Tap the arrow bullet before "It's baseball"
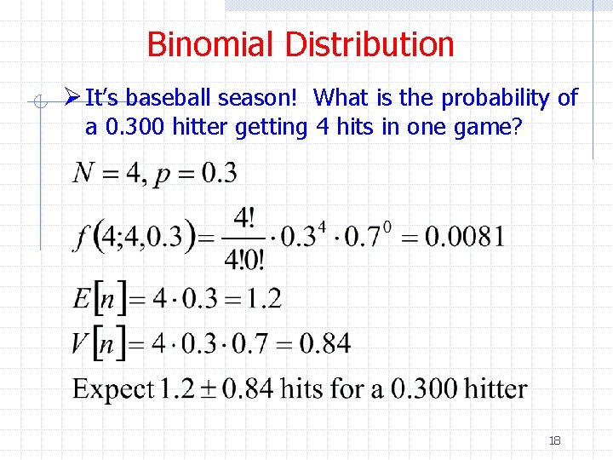click(73, 99)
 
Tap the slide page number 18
click(554, 440)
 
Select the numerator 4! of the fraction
click(245, 218)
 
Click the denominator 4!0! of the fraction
click(245, 256)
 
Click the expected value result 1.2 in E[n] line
click(264, 299)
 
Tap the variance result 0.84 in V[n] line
click(325, 344)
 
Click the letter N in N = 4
click(83, 173)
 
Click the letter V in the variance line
click(82, 344)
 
